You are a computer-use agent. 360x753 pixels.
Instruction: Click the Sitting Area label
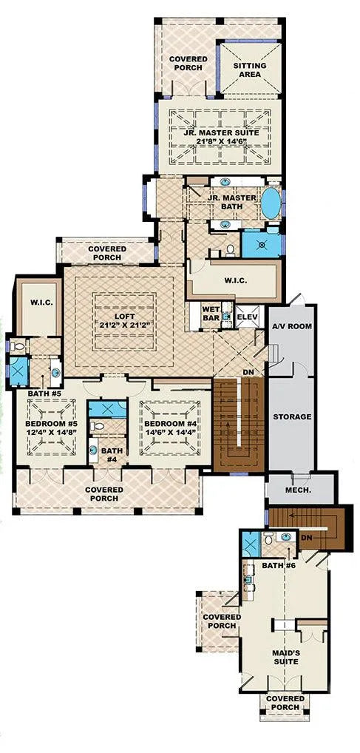[250, 70]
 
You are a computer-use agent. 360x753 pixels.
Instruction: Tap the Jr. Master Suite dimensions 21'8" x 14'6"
[221, 141]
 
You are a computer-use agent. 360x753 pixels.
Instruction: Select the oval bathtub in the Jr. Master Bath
[271, 203]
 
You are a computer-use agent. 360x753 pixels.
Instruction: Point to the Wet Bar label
[211, 314]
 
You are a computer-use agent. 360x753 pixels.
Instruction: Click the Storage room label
[292, 417]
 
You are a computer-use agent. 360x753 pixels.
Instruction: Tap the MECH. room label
[299, 491]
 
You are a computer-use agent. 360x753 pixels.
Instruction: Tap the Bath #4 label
[112, 455]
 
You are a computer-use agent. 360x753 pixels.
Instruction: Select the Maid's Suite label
[285, 658]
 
